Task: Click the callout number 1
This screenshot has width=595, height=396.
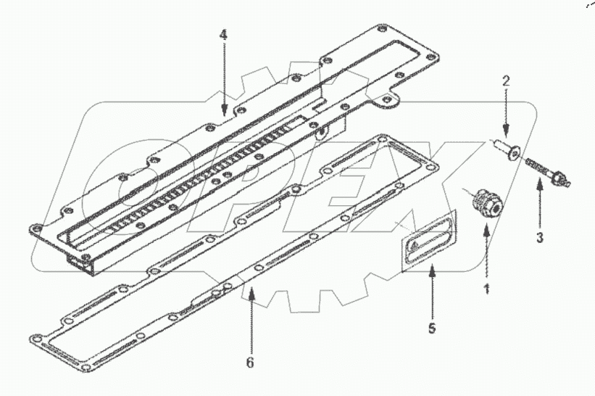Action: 487,288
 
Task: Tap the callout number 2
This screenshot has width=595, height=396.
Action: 507,81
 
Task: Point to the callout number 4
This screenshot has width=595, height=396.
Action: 224,34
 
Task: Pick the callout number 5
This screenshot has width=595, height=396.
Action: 431,329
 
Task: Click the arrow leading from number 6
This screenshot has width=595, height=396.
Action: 251,319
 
